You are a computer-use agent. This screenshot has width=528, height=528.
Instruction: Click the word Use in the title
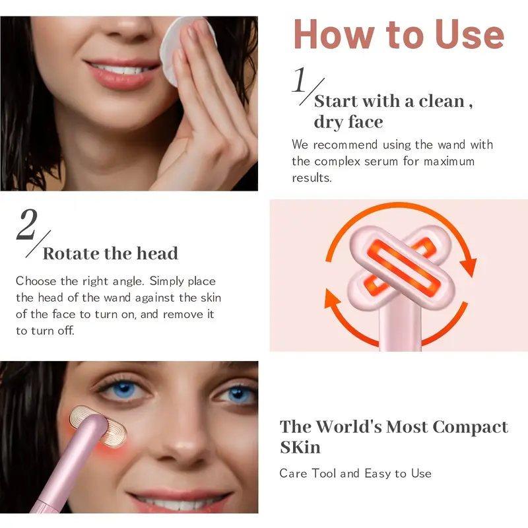pos(469,35)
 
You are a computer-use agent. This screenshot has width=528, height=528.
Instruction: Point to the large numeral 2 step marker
pos(27,224)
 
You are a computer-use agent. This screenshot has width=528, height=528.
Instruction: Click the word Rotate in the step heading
pos(71,253)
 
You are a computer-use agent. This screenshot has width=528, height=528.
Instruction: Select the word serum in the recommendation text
pos(381,161)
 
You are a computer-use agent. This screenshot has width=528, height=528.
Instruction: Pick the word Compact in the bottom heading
pos(470,428)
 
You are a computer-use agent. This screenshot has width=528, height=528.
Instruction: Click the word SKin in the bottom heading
pos(300,447)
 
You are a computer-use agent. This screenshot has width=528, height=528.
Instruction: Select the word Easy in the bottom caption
pos(378,473)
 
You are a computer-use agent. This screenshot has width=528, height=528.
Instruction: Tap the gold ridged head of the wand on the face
pos(98,426)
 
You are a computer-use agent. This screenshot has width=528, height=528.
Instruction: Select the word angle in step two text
pos(128,282)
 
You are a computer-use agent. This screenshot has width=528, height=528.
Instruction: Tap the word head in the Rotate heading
pos(157,253)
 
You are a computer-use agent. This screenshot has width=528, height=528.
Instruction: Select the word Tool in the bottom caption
pos(324,473)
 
